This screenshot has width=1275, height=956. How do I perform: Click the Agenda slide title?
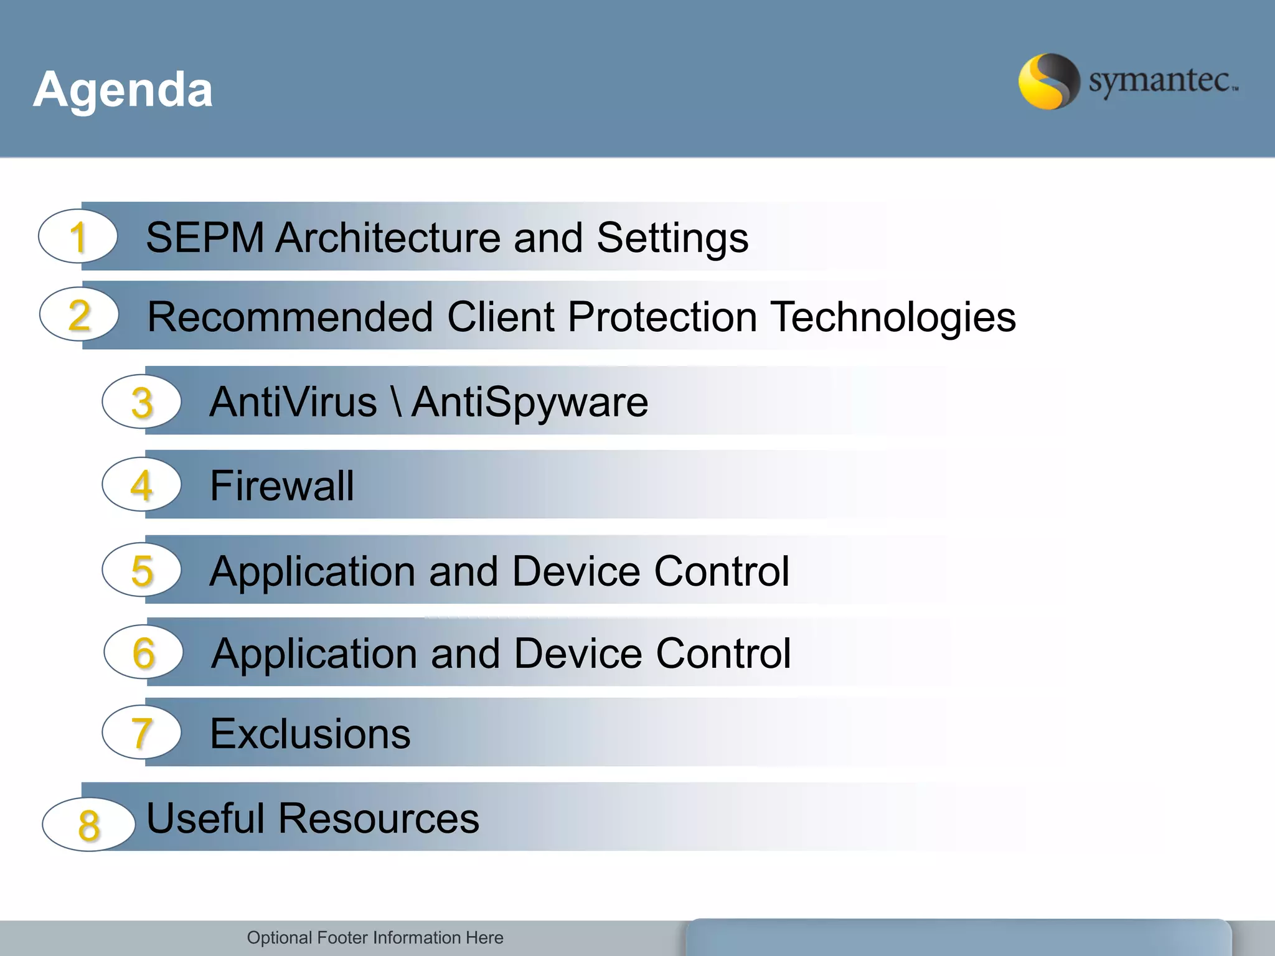point(123,90)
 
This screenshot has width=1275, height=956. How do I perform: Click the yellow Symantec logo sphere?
point(1048,82)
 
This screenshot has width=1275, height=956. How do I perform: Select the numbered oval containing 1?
point(78,237)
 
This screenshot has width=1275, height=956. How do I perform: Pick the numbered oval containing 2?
point(79,315)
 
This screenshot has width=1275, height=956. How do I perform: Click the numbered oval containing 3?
point(142,401)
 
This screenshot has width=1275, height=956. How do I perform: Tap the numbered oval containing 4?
point(142,485)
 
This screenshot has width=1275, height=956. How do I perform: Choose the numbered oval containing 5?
point(142,570)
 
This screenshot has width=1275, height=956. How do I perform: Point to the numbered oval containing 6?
point(144,652)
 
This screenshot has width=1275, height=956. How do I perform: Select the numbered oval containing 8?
point(88,824)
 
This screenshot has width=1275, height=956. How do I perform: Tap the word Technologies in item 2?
point(893,317)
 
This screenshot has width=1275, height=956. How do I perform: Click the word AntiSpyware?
point(530,402)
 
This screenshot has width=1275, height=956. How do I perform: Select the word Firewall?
point(282,485)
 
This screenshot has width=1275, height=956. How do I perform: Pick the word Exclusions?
point(310,733)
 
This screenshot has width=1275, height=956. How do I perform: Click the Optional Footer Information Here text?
point(375,937)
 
